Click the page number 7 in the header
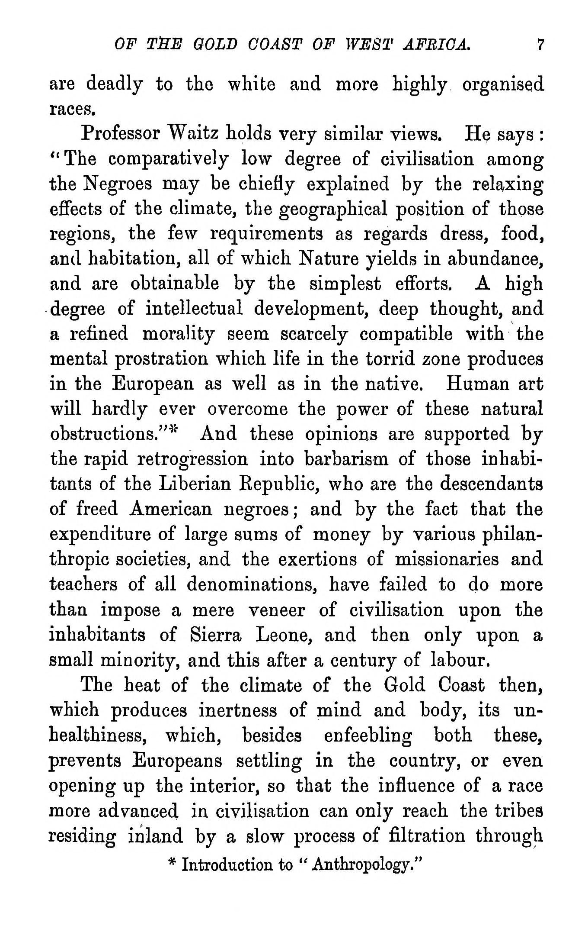pyautogui.click(x=539, y=44)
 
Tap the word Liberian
pyautogui.click(x=195, y=484)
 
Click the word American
pyautogui.click(x=170, y=509)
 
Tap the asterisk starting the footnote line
pyautogui.click(x=172, y=864)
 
